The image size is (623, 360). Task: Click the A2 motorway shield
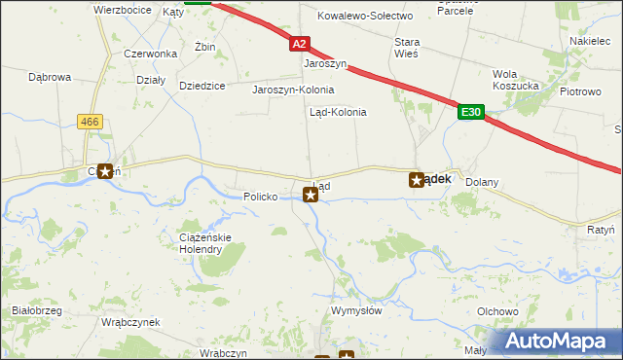pos(300,45)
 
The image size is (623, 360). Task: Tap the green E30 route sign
pos(471,113)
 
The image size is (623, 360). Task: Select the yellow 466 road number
pos(92,120)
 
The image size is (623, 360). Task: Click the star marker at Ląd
pos(311,195)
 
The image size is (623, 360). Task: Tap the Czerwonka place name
pos(143,54)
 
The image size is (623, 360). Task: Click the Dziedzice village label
pos(202,86)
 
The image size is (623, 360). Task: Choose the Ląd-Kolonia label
pos(338,112)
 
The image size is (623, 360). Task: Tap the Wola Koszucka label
pos(517,80)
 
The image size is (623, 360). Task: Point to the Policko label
pos(261,197)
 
